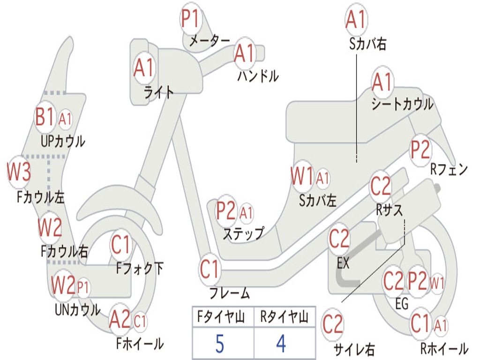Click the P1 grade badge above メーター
(x=191, y=18)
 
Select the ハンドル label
(x=258, y=75)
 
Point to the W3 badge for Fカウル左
(x=19, y=172)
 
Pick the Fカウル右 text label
(x=64, y=251)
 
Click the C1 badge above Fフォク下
(x=121, y=245)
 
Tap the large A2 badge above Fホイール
(x=120, y=319)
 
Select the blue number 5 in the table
(x=220, y=344)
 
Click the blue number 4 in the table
(x=281, y=344)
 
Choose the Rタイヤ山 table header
(x=285, y=316)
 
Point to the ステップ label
(x=243, y=233)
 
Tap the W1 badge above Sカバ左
(x=302, y=176)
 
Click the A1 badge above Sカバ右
(x=356, y=19)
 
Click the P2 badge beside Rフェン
(x=420, y=150)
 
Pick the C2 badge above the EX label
(x=339, y=239)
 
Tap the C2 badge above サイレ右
(x=332, y=324)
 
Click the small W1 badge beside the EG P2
(x=437, y=283)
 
